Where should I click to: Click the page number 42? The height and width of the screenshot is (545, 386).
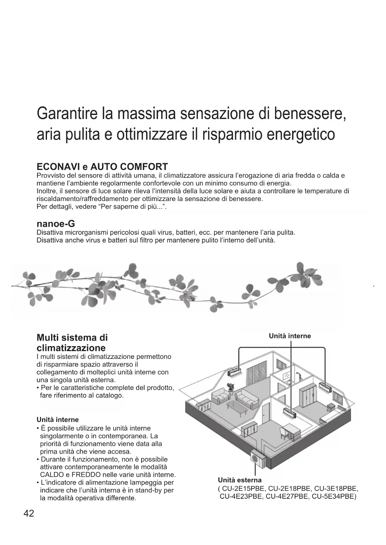[29, 514]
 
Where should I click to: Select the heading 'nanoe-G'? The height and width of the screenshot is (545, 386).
[56, 224]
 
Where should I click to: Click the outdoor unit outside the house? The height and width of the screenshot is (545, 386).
[258, 459]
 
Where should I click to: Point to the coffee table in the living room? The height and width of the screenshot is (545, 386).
[237, 406]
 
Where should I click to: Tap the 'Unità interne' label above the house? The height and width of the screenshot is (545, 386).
[290, 336]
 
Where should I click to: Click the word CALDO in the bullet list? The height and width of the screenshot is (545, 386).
[52, 475]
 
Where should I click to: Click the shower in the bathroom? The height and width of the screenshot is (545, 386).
[299, 376]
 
